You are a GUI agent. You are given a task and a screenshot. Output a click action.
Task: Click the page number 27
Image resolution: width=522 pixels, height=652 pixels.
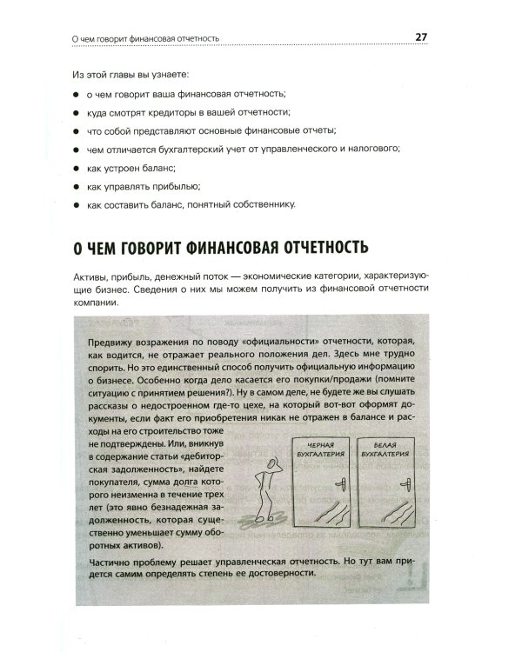click(x=420, y=37)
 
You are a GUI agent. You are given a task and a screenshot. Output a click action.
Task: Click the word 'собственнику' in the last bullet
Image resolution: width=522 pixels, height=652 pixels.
click(x=263, y=205)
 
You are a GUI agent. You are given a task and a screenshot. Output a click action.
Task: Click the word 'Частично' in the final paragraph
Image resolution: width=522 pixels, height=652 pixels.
click(x=110, y=562)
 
